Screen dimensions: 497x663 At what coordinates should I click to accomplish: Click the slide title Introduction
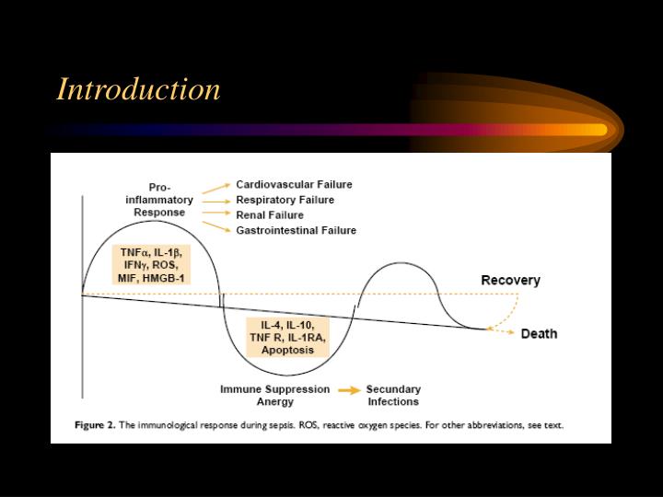138,89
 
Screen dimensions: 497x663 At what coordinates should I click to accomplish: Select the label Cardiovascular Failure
294,184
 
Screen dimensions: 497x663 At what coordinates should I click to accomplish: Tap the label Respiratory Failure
285,200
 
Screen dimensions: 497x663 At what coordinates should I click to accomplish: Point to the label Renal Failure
270,214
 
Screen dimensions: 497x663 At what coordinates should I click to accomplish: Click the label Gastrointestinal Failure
296,230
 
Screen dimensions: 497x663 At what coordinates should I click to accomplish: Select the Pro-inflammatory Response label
159,199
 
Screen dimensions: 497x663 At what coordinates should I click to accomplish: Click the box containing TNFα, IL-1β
150,264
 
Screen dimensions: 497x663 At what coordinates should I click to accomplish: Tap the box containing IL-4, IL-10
287,338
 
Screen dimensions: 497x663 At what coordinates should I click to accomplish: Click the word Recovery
510,280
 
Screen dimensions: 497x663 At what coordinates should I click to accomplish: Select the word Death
539,333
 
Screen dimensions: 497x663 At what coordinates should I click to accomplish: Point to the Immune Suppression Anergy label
274,395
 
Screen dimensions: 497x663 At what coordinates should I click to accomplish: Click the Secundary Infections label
393,395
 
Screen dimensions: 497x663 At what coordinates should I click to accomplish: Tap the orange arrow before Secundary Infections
348,390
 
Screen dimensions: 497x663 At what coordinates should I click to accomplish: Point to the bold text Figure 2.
99,425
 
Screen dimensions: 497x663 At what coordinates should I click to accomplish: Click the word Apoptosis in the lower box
287,351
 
